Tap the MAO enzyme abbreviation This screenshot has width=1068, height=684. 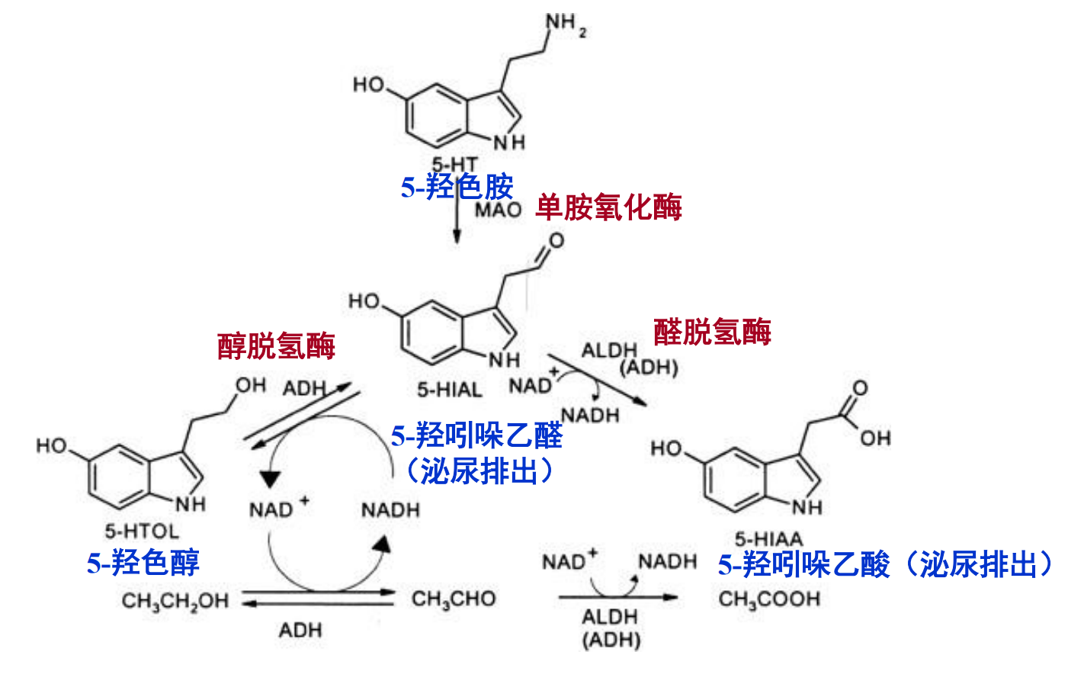pyautogui.click(x=498, y=210)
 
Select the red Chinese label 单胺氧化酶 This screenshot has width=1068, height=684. pyautogui.click(x=608, y=207)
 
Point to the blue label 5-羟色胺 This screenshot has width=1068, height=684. pyautogui.click(x=457, y=187)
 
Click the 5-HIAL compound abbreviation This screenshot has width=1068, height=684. pyautogui.click(x=449, y=390)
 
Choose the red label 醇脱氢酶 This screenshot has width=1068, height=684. pyautogui.click(x=276, y=346)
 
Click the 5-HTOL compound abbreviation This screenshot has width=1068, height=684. pyautogui.click(x=141, y=531)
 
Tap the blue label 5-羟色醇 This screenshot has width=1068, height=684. pyautogui.click(x=143, y=563)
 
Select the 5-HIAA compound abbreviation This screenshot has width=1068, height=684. pyautogui.click(x=768, y=539)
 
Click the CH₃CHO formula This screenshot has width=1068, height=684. pyautogui.click(x=454, y=599)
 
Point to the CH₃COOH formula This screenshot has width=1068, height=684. pyautogui.click(x=768, y=599)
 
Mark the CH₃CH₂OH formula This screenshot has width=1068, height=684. pyautogui.click(x=175, y=602)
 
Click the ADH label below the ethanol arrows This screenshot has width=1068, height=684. pyautogui.click(x=300, y=631)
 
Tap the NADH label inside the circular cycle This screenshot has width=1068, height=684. pyautogui.click(x=390, y=509)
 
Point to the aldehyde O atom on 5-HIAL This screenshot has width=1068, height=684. pyautogui.click(x=556, y=241)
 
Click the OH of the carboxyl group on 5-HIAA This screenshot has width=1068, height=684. pyautogui.click(x=875, y=438)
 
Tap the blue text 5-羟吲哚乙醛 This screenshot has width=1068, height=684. pyautogui.click(x=476, y=436)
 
